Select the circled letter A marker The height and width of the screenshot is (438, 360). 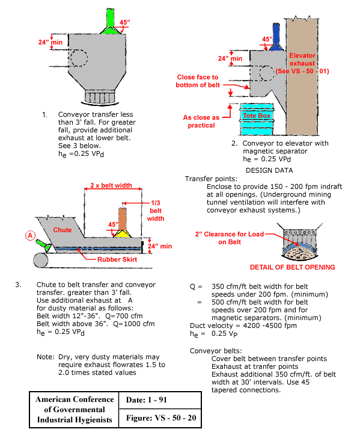tap(28, 235)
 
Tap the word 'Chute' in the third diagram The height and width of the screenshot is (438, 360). tap(63, 230)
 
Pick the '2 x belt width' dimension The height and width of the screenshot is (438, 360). tap(112, 185)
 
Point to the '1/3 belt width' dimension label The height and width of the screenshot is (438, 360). tap(155, 210)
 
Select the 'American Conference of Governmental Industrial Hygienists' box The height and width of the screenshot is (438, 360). tap(75, 410)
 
